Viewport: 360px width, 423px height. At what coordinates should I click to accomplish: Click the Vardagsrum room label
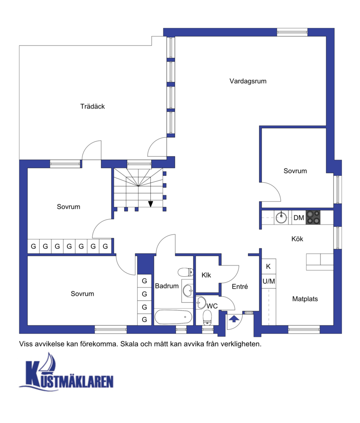(248, 81)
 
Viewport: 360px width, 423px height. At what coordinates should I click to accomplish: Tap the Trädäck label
(92, 106)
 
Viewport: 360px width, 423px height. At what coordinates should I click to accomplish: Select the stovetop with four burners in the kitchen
(313, 217)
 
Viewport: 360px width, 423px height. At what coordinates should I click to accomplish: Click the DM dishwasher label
(299, 218)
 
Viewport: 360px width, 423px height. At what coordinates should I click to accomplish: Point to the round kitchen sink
(281, 217)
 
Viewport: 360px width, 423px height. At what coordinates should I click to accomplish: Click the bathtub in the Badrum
(173, 317)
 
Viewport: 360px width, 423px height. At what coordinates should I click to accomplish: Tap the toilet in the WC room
(207, 318)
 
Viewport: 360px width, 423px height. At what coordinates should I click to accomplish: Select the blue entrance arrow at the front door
(234, 319)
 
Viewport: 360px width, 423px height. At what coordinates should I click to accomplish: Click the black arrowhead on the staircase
(151, 204)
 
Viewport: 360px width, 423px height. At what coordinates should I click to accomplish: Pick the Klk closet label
(206, 275)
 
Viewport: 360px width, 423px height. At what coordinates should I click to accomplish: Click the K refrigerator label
(268, 266)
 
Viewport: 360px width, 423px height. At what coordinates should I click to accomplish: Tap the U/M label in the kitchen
(269, 281)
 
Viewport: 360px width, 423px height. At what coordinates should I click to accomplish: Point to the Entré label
(240, 287)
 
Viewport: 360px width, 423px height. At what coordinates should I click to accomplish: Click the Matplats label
(305, 299)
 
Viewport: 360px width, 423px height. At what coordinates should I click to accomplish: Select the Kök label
(297, 239)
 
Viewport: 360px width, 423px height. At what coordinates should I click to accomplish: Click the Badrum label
(167, 286)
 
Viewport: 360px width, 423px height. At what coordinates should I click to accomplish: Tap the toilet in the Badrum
(186, 272)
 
